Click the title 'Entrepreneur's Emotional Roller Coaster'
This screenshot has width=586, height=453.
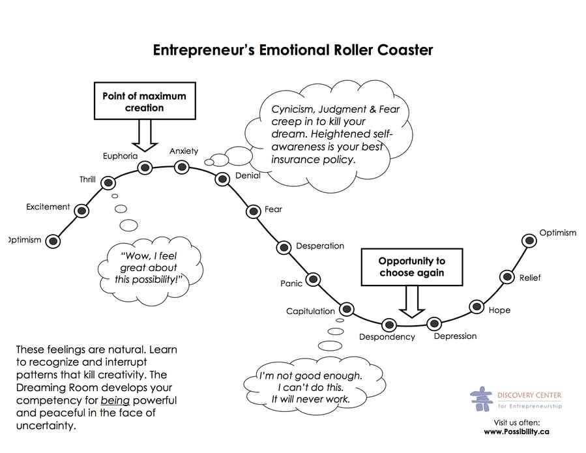pos(293,50)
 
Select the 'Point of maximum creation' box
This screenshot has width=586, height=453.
pos(144,101)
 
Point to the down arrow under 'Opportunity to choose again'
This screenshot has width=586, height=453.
pos(411,301)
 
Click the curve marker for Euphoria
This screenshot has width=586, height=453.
pos(145,168)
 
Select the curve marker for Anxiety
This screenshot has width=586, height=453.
pos(182,167)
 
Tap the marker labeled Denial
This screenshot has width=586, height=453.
pos(222,179)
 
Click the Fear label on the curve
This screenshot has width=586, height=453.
pos(273,209)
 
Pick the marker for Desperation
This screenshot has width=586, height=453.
pos(284,247)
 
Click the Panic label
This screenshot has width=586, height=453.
pos(291,284)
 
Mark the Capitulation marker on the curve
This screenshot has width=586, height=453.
pos(346,309)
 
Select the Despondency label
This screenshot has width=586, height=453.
pos(387,337)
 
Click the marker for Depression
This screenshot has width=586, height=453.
pos(433,323)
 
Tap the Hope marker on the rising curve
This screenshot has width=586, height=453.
pos(476,306)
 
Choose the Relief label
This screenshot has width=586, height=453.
pos(529,278)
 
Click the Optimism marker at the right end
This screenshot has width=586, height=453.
pos(530,241)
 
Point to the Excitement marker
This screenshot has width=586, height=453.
pos(81,211)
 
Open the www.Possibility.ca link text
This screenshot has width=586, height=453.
pos(516,431)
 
